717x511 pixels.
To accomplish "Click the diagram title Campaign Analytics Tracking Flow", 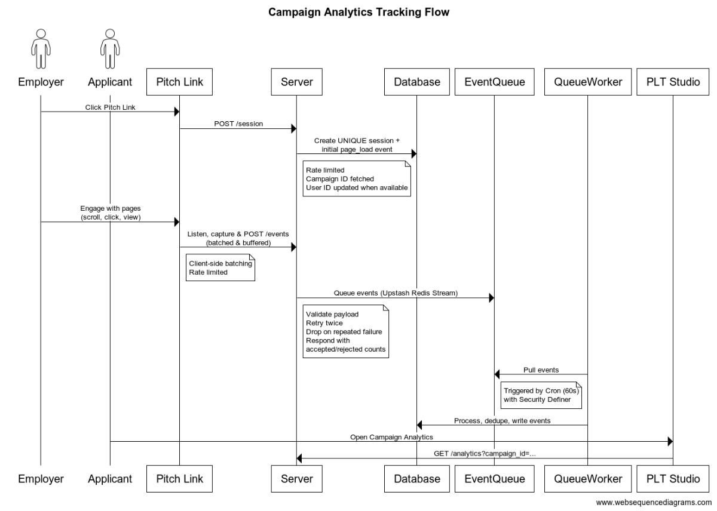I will coord(358,12).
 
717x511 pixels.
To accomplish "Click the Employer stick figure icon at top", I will coord(41,49).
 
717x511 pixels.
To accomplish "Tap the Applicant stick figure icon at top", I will coord(110,49).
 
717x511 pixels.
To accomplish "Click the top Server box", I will coord(297,82).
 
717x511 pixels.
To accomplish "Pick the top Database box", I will coord(416,82).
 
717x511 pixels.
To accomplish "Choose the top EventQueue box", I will coord(494,82).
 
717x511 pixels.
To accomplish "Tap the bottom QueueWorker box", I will coord(587,478).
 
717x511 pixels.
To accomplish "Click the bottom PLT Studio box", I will coord(672,478).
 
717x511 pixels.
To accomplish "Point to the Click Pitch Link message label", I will coord(109,106).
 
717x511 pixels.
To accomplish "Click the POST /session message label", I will coord(237,124).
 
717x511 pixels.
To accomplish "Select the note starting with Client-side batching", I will coord(219,267).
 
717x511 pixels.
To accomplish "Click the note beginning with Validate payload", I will coord(345,331).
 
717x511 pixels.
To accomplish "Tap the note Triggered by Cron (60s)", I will coord(542,395).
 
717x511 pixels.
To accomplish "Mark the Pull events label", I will coord(541,370).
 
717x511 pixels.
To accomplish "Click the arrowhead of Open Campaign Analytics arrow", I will coord(669,442).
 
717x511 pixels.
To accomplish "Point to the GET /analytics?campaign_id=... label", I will coord(485,453).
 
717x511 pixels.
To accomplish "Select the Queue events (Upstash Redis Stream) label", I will coord(395,293).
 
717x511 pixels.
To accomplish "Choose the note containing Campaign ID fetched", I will coord(357,178).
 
